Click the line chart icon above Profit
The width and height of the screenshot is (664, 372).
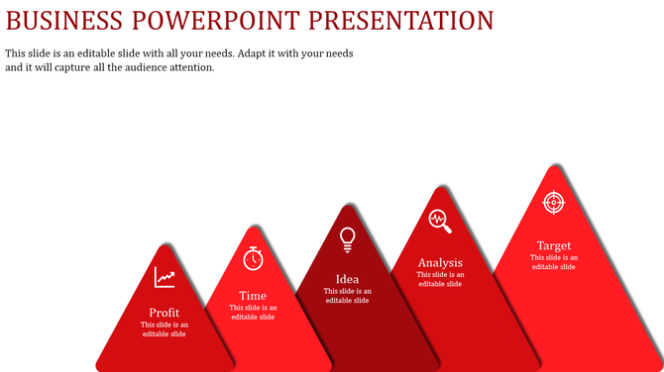165,278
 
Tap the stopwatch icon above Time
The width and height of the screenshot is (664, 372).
254,257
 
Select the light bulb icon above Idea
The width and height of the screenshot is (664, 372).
348,237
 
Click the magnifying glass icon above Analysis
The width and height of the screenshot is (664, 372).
440,221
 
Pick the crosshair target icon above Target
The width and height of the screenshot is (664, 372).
554,202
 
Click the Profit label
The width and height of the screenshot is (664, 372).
165,313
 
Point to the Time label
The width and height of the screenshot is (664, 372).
253,296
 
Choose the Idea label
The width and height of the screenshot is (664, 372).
348,279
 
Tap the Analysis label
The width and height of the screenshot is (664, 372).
440,263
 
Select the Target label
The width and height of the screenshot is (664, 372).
554,245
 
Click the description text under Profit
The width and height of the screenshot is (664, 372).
165,329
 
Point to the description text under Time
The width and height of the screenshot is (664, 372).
253,312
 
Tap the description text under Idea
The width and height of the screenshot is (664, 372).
348,296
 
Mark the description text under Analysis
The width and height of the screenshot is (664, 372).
440,279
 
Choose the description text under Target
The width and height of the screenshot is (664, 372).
554,262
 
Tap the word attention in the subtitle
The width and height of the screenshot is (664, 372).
188,68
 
